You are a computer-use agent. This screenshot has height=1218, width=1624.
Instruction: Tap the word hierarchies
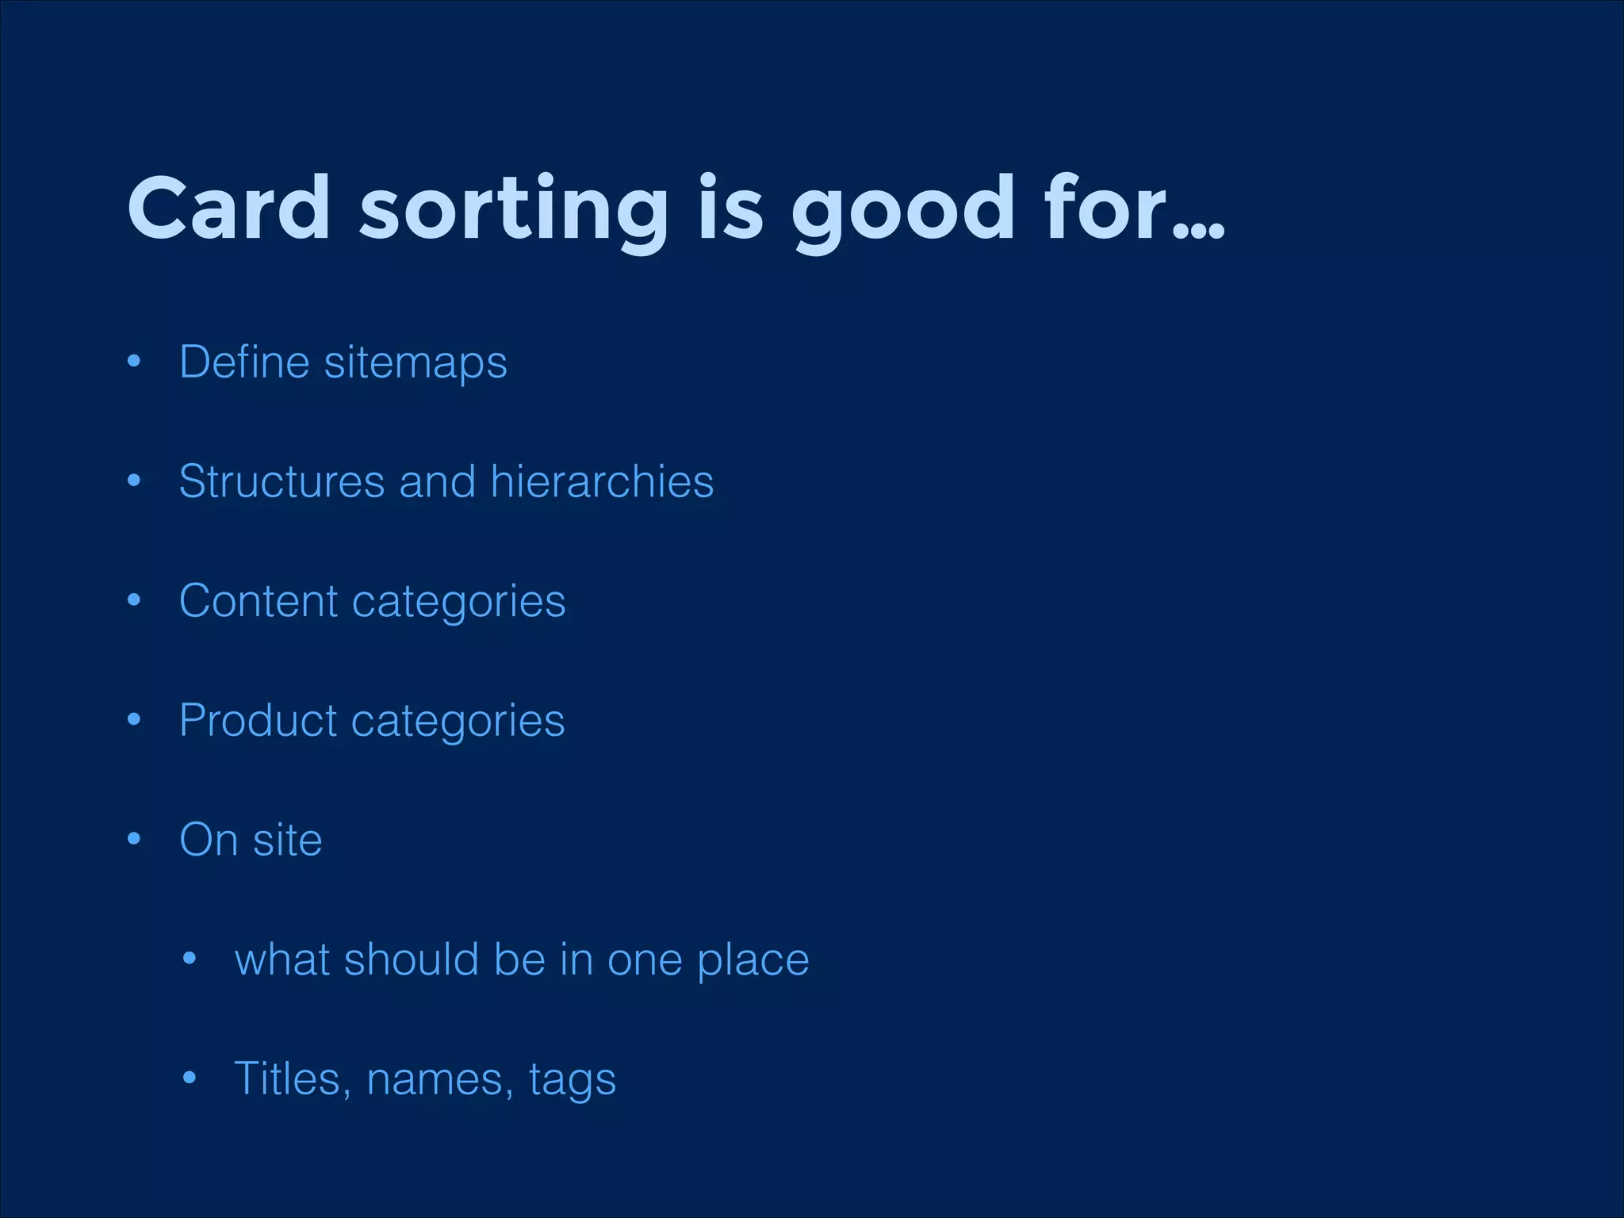[602, 481]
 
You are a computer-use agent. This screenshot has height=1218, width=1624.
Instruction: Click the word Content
[259, 601]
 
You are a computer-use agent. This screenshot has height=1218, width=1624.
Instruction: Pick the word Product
[259, 720]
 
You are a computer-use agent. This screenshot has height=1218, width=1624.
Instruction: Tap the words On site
[251, 840]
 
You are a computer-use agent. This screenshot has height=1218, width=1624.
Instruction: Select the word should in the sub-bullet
[412, 959]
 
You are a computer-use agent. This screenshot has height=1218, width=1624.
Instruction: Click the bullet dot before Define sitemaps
[134, 362]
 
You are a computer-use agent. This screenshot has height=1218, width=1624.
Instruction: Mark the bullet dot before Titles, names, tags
[189, 1078]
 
